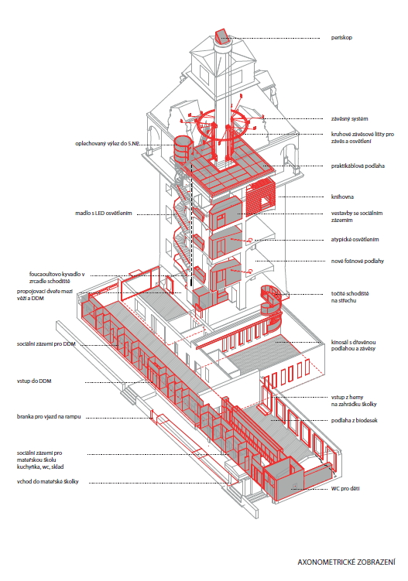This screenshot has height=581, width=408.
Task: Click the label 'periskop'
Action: click(x=341, y=37)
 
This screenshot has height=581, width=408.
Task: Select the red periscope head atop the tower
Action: click(x=221, y=36)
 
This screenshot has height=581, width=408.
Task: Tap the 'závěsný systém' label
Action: click(x=349, y=119)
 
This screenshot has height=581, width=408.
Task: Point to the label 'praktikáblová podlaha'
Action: click(x=358, y=166)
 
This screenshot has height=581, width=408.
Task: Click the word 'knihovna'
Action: click(x=342, y=197)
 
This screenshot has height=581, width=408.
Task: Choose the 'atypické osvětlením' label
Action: click(x=355, y=239)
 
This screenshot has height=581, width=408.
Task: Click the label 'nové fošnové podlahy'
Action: click(x=357, y=261)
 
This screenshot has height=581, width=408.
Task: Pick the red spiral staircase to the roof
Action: click(x=272, y=308)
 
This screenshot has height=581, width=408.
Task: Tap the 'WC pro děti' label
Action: click(x=345, y=488)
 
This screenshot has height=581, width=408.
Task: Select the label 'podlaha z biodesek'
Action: click(x=354, y=421)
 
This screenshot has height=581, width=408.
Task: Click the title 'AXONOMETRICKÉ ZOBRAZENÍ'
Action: click(x=346, y=562)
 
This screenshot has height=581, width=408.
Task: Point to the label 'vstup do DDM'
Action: click(x=34, y=381)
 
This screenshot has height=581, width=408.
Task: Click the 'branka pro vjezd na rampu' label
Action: click(x=49, y=417)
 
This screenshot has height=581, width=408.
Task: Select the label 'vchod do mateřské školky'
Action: click(x=47, y=482)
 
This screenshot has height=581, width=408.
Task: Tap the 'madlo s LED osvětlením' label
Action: click(x=104, y=214)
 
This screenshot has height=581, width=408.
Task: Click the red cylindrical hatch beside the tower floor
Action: click(x=182, y=149)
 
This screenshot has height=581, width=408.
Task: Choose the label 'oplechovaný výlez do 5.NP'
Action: click(x=108, y=143)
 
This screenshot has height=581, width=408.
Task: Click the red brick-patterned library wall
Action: click(x=260, y=199)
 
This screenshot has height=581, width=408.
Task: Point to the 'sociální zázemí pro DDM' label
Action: click(x=46, y=343)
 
